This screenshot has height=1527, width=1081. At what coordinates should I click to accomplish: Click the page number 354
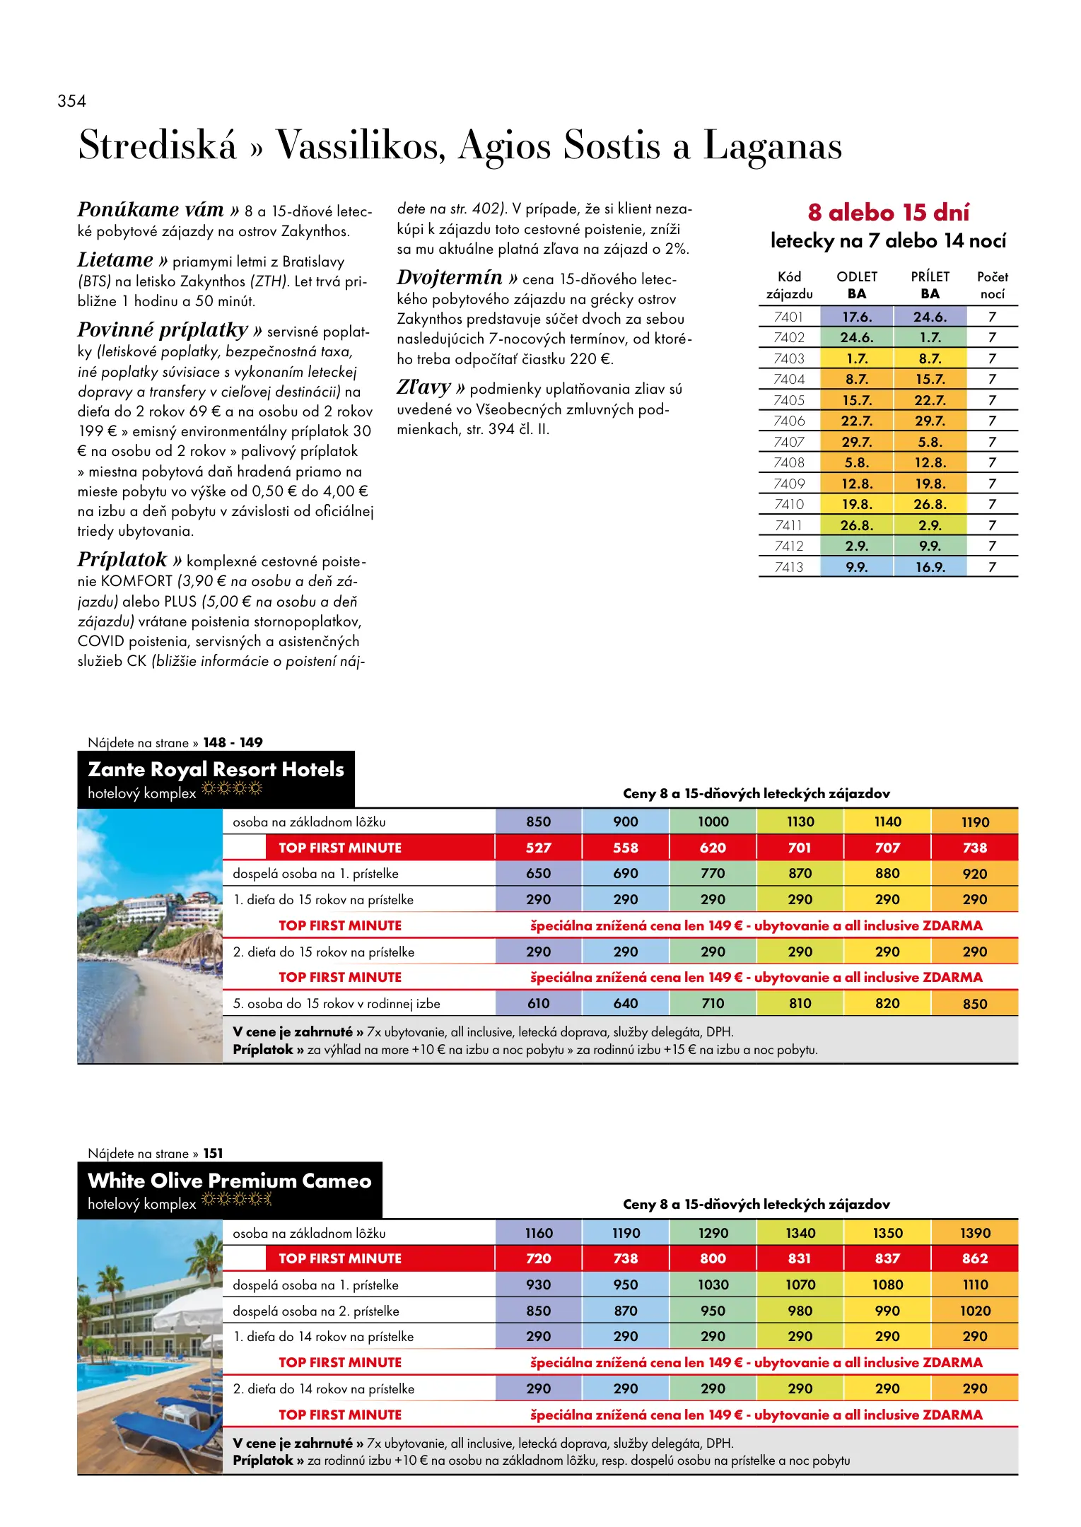72,101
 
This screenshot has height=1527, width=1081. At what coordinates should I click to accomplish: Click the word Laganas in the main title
772,146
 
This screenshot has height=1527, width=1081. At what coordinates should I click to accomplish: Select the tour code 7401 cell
788,317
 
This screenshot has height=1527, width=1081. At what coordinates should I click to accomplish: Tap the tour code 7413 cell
788,567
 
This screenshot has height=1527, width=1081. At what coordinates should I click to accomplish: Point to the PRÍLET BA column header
930,285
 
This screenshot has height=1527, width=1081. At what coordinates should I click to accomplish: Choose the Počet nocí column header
992,285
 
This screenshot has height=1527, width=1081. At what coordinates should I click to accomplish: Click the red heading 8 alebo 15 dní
888,212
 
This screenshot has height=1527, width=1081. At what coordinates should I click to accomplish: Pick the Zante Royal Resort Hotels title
216,769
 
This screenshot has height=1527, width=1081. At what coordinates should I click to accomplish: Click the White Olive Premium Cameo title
229,1181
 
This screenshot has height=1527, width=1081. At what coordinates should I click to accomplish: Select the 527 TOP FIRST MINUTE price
538,848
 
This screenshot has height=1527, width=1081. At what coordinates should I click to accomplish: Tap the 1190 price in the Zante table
975,822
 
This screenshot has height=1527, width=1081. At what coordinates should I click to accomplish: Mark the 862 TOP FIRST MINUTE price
975,1258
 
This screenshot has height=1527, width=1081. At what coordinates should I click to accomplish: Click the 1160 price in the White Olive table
538,1233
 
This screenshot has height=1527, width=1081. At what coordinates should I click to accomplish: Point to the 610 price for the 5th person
538,1004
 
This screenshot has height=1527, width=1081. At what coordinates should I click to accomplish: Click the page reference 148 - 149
233,742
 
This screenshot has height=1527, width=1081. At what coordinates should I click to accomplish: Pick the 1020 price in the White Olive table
975,1311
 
